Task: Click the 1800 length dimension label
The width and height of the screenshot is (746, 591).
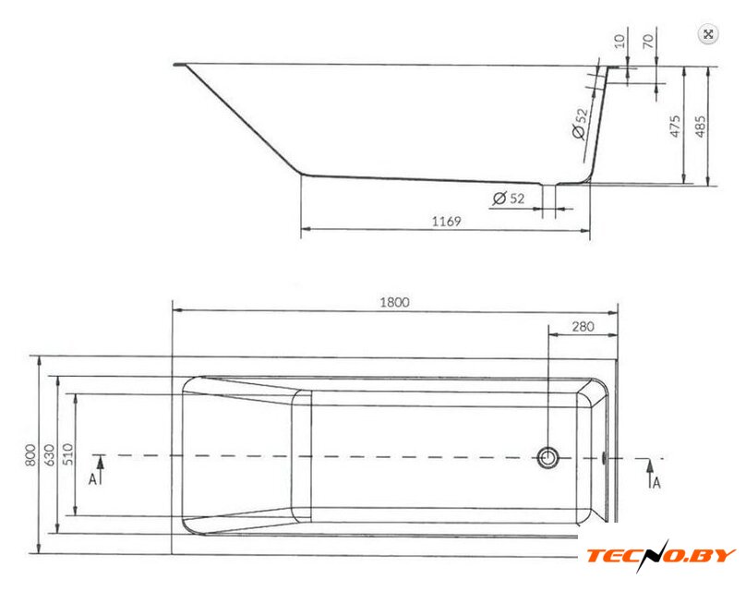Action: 394,302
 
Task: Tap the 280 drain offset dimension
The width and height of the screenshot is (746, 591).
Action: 583,326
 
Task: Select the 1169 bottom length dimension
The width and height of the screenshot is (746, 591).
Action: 446,222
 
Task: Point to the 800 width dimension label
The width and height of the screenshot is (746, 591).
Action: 30,455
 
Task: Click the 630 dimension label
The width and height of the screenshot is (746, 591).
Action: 50,455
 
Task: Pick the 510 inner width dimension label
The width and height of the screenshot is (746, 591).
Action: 68,454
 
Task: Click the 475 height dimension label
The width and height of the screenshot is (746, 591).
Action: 675,127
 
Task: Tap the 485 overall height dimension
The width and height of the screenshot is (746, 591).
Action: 701,127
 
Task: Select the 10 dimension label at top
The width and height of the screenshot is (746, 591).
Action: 620,42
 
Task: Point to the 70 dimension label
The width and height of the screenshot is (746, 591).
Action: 648,42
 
